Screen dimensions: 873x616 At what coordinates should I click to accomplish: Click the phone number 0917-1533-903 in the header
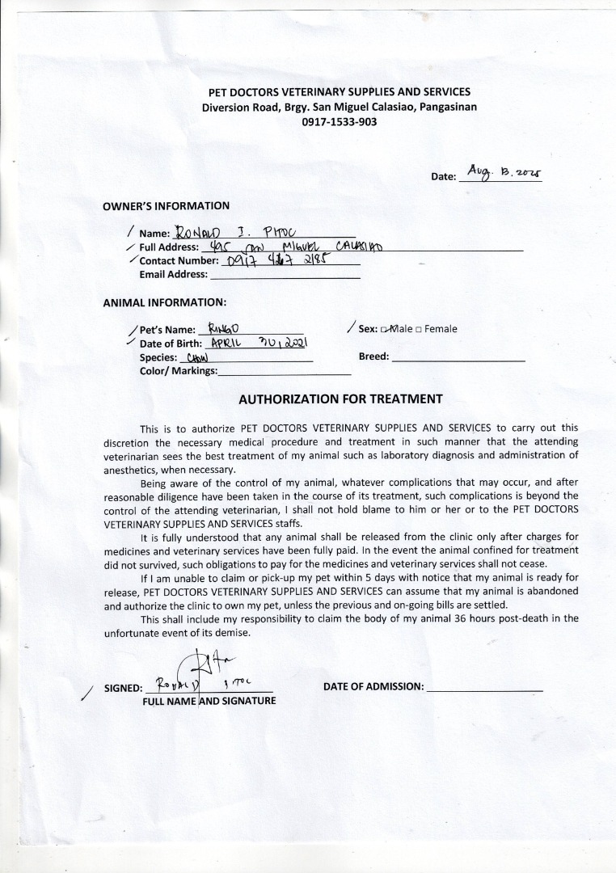[340, 121]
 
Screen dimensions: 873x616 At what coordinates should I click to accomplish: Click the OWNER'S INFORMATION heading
[166, 206]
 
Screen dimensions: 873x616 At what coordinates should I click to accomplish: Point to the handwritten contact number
[275, 260]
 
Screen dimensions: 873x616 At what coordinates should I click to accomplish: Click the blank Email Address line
[284, 275]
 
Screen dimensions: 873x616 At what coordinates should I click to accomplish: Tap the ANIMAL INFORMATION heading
[164, 302]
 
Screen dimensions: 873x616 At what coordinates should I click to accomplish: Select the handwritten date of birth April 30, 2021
[255, 343]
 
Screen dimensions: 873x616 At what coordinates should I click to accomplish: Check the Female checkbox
[419, 329]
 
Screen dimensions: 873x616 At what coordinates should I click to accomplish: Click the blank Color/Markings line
[285, 371]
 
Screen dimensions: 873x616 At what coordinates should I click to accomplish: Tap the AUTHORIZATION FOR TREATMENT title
[340, 399]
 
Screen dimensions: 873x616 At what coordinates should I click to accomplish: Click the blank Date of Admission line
[483, 687]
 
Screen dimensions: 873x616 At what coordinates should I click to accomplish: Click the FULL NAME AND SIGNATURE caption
[209, 700]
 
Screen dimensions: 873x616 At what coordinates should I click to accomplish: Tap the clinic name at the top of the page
[340, 92]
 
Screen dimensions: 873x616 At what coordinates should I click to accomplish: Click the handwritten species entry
[197, 356]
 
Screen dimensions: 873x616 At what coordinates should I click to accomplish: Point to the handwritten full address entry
[291, 246]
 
